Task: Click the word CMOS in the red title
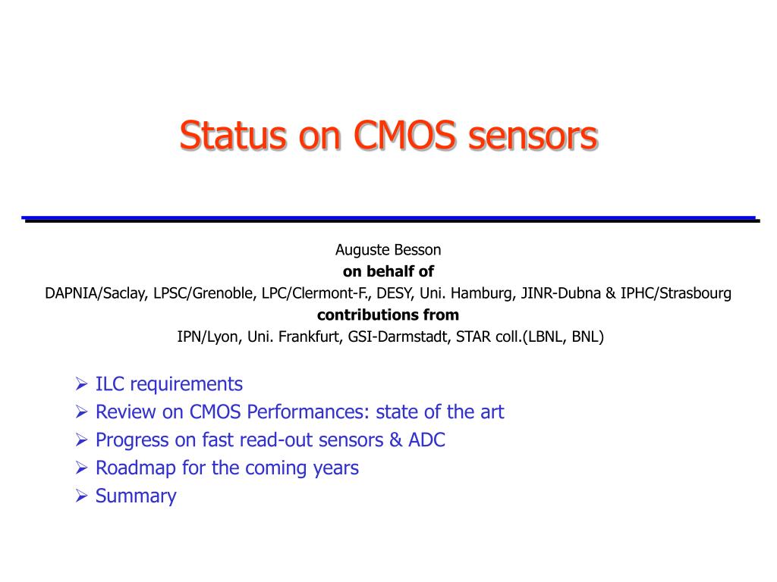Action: tap(404, 135)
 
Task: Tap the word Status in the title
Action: tap(233, 135)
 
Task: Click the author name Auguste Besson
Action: tap(388, 250)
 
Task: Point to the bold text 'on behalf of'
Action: tap(388, 271)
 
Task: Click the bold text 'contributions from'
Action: tap(388, 314)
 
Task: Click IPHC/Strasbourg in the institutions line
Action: tap(676, 293)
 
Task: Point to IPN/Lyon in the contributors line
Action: tap(208, 337)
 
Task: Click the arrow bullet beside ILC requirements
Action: tap(82, 383)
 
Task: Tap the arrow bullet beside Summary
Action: tap(82, 496)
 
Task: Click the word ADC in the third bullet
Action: tap(426, 440)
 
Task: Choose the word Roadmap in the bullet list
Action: tap(135, 468)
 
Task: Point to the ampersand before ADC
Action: tap(395, 440)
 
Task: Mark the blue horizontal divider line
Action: tap(388, 217)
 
